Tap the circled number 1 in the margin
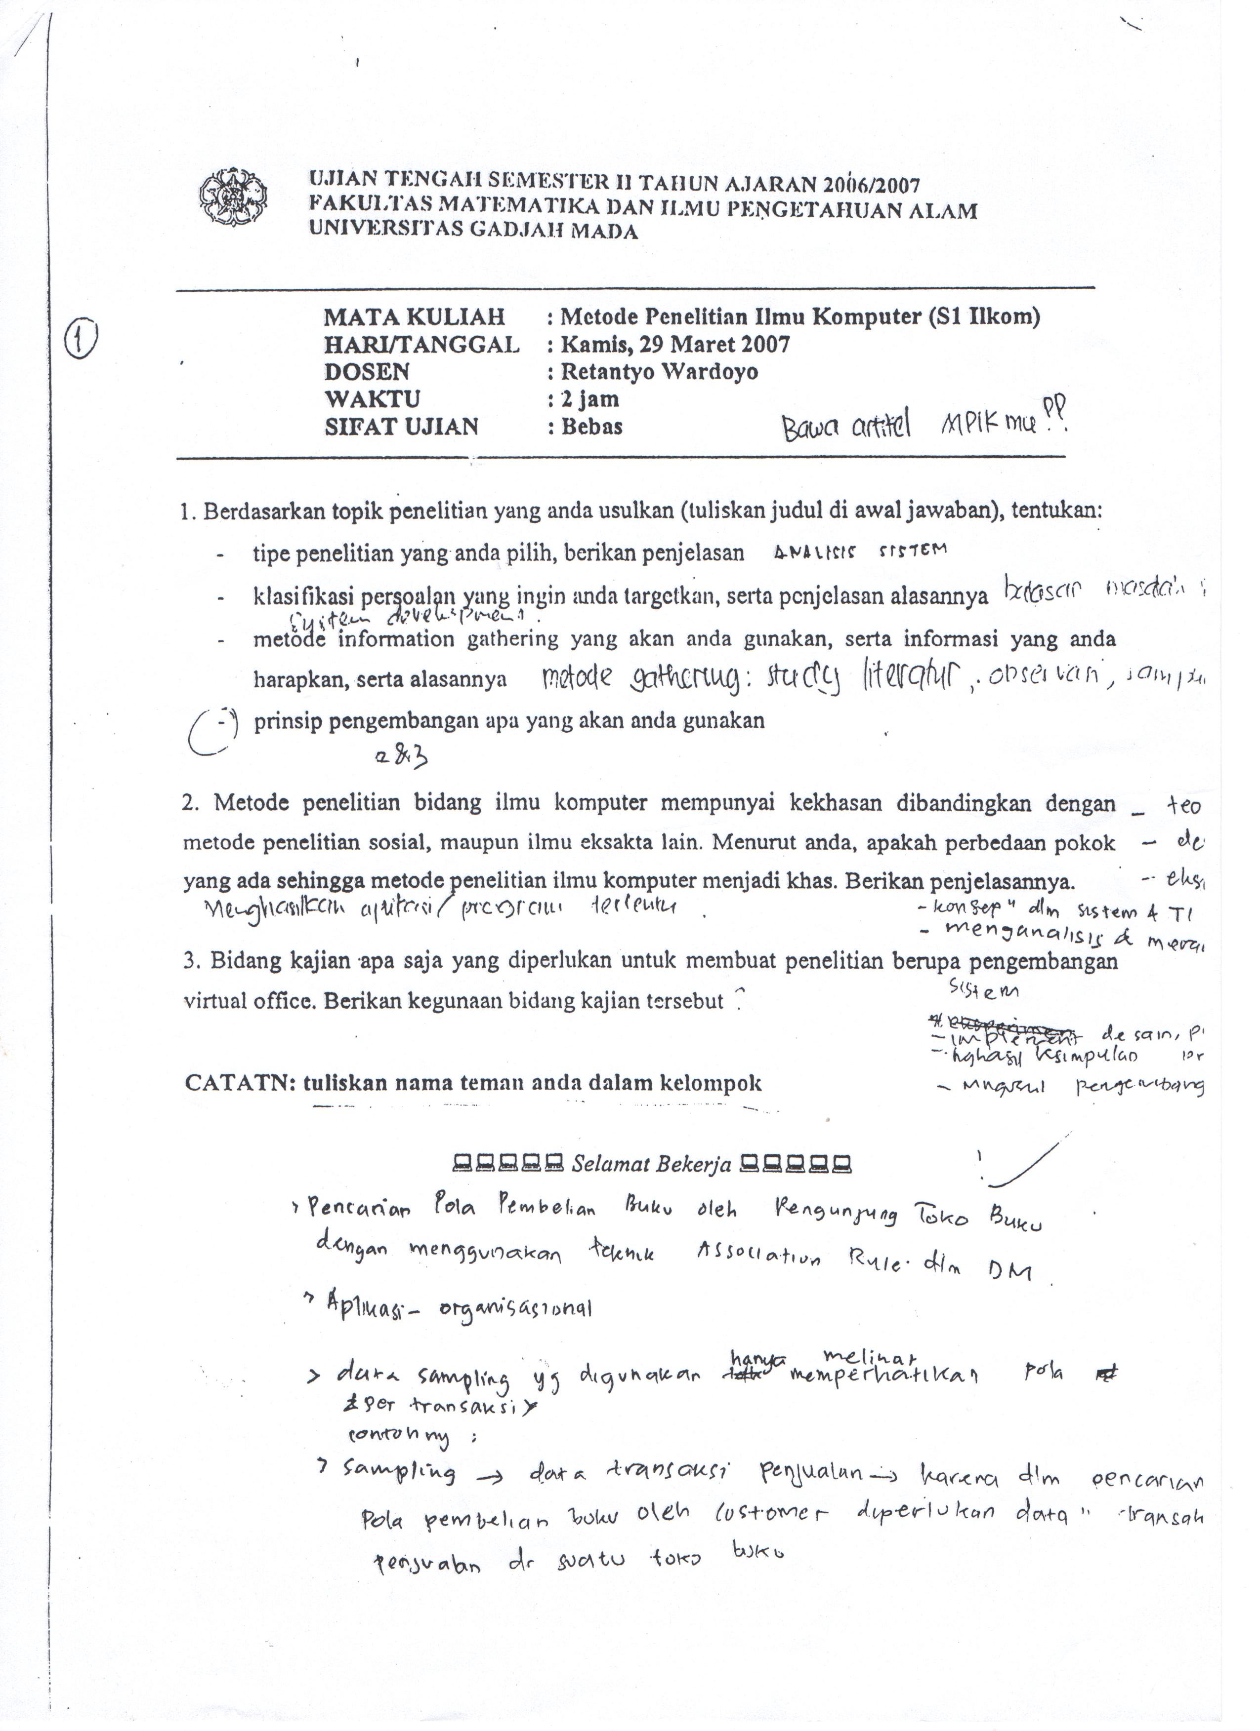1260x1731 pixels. [x=82, y=340]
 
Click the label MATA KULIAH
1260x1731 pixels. [x=414, y=317]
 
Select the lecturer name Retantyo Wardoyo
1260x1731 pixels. [x=659, y=372]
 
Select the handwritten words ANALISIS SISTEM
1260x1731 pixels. [x=859, y=551]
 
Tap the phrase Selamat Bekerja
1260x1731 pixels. [x=651, y=1165]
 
